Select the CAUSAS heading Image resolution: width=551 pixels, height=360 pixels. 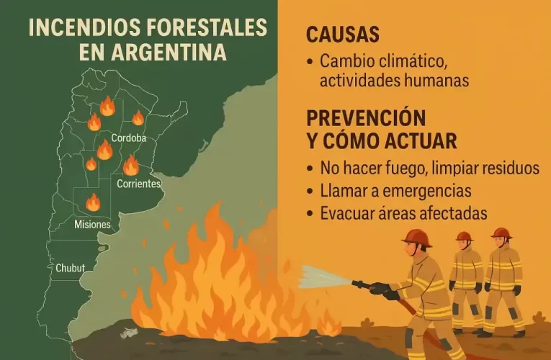point(342,35)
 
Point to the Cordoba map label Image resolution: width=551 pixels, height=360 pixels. point(129,138)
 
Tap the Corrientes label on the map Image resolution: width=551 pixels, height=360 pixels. point(138,184)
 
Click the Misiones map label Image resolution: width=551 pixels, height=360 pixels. point(92,225)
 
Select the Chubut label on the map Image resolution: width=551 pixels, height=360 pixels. point(70,268)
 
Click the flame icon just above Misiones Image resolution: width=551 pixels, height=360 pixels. point(93,202)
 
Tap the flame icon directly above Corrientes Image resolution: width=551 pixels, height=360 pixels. point(130,166)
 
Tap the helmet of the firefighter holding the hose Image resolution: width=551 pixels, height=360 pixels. point(416,238)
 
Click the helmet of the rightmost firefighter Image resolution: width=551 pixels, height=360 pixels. point(501,233)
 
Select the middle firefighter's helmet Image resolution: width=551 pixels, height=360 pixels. point(464,236)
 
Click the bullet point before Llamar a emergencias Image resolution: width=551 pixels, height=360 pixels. point(310,192)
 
